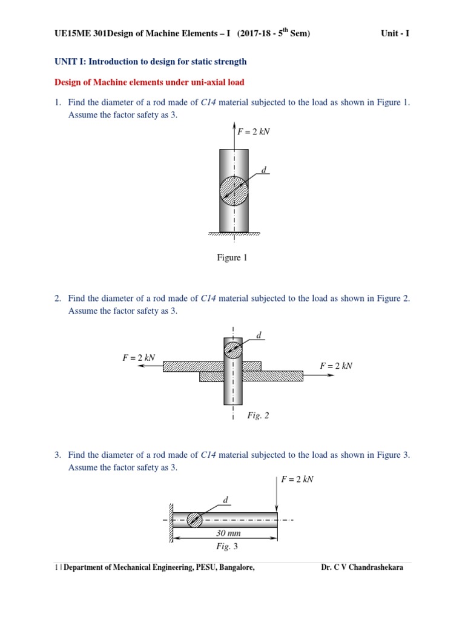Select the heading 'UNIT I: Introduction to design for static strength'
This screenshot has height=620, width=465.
(x=150, y=62)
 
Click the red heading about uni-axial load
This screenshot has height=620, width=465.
(x=150, y=82)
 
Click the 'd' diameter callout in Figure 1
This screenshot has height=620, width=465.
(x=263, y=169)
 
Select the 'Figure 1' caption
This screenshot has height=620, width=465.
(x=232, y=258)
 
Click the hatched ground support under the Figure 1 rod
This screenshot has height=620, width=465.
(x=234, y=234)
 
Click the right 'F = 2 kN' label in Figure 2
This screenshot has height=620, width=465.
(x=336, y=366)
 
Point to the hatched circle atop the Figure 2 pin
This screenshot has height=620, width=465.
(x=233, y=350)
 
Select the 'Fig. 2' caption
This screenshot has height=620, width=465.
(x=258, y=415)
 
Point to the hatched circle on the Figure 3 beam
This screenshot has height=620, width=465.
(x=194, y=519)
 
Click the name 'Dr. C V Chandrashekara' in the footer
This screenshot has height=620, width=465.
(x=361, y=568)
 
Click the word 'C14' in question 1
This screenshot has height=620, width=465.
(x=208, y=103)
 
